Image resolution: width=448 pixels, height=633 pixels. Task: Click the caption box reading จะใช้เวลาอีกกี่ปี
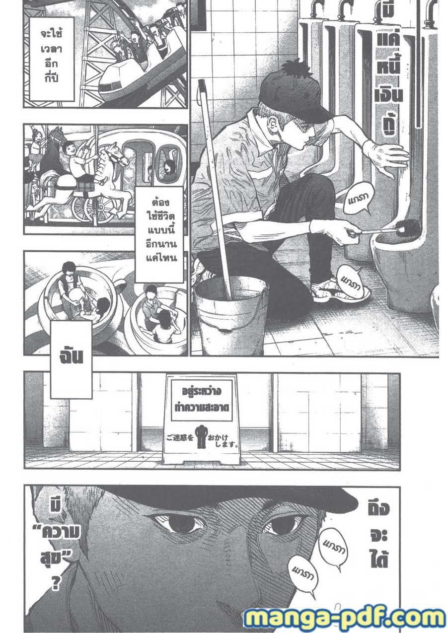52,59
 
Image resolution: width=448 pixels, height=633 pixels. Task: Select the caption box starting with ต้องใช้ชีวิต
159,234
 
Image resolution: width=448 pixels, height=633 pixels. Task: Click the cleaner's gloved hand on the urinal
387,158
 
